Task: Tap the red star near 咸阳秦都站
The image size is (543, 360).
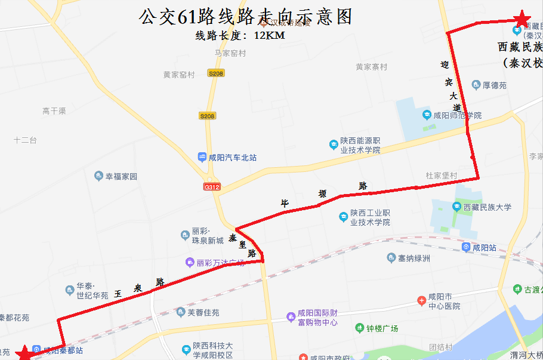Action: click(x=24, y=353)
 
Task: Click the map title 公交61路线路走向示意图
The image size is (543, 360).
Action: click(x=245, y=16)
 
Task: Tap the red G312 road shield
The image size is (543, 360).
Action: click(x=212, y=187)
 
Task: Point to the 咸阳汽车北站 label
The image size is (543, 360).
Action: click(x=227, y=158)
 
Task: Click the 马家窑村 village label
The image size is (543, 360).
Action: click(x=230, y=53)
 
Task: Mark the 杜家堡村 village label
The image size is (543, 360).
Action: click(x=441, y=176)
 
